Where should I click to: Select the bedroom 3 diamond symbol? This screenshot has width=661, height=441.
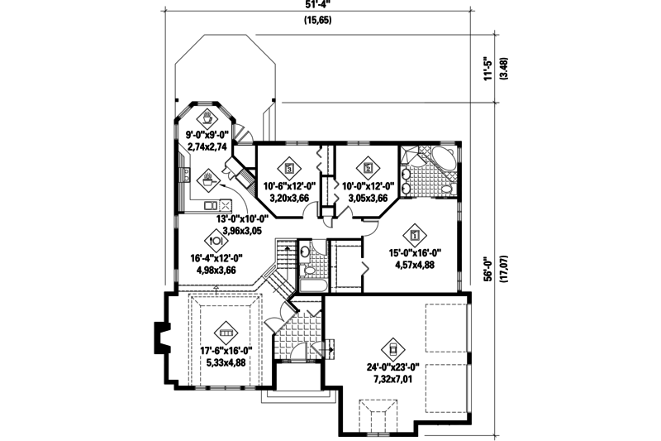pyautogui.click(x=289, y=164)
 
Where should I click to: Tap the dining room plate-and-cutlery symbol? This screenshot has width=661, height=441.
pyautogui.click(x=215, y=241)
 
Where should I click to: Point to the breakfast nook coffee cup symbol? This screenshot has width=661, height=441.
pyautogui.click(x=207, y=114)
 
